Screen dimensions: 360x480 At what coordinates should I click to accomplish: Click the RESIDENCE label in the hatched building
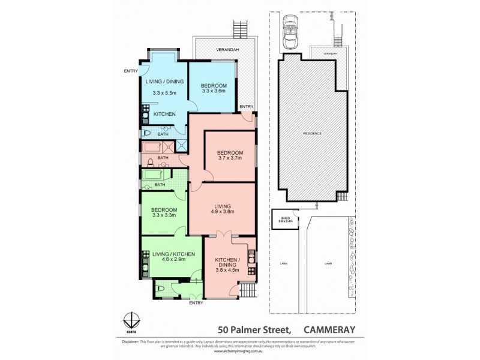[312, 133]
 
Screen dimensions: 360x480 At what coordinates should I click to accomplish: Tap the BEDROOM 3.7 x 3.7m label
[229, 155]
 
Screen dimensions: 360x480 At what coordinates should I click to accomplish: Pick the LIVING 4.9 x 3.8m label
[221, 209]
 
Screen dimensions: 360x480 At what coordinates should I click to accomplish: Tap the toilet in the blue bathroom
[146, 133]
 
